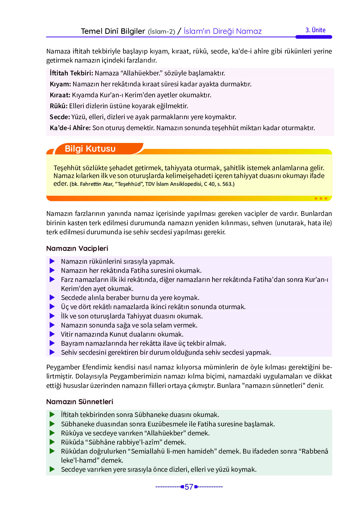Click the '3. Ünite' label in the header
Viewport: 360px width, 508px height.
pyautogui.click(x=315, y=30)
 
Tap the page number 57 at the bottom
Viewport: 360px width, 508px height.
pyautogui.click(x=189, y=487)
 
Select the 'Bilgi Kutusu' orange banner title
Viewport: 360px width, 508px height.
pyautogui.click(x=90, y=149)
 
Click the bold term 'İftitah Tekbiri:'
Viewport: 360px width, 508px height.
pyautogui.click(x=71, y=73)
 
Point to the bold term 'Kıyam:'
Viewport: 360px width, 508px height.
pyautogui.click(x=60, y=84)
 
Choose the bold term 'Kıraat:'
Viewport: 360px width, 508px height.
pyautogui.click(x=60, y=95)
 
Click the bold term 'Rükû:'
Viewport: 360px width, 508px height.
pyautogui.click(x=58, y=106)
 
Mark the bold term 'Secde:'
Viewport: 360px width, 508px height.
pyautogui.click(x=60, y=117)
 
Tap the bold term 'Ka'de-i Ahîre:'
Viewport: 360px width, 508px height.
pyautogui.click(x=70, y=128)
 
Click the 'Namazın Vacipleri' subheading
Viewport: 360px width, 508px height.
pyautogui.click(x=77, y=248)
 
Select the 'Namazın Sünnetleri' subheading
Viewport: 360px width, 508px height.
pyautogui.click(x=79, y=402)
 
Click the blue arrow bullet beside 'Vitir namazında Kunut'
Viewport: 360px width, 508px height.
pyautogui.click(x=52, y=334)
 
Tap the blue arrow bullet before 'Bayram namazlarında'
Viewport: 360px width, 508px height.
pyautogui.click(x=52, y=343)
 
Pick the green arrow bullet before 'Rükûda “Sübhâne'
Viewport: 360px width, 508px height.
pyautogui.click(x=52, y=442)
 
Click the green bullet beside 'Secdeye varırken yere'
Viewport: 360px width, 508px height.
pyautogui.click(x=52, y=469)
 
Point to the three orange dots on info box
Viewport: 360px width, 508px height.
pyautogui.click(x=321, y=198)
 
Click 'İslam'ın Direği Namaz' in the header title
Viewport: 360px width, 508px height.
pyautogui.click(x=222, y=31)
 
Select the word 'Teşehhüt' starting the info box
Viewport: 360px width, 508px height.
pyautogui.click(x=67, y=168)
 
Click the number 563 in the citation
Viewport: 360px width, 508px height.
pyautogui.click(x=227, y=184)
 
